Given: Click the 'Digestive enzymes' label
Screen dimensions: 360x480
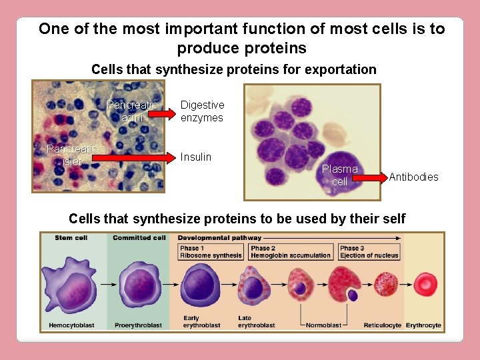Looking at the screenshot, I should (x=202, y=111).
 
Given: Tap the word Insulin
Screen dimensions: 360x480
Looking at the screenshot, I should (x=196, y=157).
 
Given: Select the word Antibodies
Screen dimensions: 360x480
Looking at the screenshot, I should (x=413, y=177).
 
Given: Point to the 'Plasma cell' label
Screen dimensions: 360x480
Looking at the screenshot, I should (x=340, y=175).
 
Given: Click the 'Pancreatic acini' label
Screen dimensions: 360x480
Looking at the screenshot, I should (x=132, y=111).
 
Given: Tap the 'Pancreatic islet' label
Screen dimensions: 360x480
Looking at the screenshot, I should (x=71, y=155).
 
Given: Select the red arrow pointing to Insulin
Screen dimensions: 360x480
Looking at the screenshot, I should (x=137, y=158).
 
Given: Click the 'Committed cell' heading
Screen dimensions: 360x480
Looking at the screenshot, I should (x=139, y=238).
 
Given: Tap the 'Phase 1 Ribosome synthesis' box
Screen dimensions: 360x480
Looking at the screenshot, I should (x=211, y=252).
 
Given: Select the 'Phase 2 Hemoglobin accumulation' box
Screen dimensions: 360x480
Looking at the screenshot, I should (x=291, y=252).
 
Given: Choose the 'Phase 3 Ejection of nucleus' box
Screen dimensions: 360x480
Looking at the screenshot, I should (x=369, y=252).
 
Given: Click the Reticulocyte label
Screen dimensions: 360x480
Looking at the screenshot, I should (x=383, y=325).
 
